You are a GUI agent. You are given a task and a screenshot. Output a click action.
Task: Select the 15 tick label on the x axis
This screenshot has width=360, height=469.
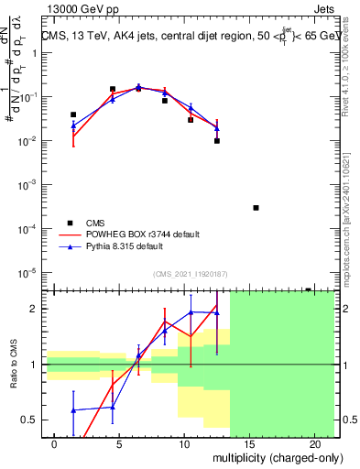[x=249, y=443]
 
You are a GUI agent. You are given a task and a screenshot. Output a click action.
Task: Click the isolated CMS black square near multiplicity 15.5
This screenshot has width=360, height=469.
[x=256, y=208]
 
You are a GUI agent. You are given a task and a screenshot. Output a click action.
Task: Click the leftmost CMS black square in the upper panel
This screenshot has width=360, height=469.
[x=73, y=115]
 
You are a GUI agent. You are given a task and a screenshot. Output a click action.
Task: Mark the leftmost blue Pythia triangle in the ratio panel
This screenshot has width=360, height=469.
[x=73, y=409]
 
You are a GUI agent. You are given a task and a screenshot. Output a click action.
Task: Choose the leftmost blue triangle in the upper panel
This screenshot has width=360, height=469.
[x=73, y=125]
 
